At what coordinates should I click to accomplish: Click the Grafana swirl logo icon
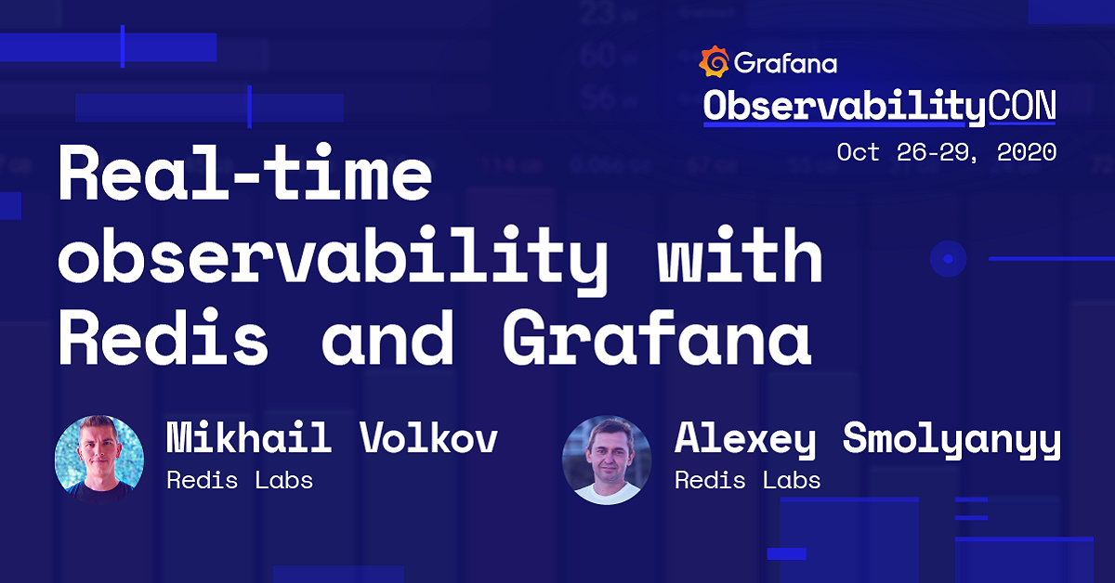713,61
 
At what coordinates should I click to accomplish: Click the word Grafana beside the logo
785,63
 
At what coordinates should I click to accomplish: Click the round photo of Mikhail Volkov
99,459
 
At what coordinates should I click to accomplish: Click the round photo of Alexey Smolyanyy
606,460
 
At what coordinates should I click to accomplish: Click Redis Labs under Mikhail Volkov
239,480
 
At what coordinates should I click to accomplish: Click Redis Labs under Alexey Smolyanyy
747,480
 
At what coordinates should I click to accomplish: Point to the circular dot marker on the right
949,257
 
